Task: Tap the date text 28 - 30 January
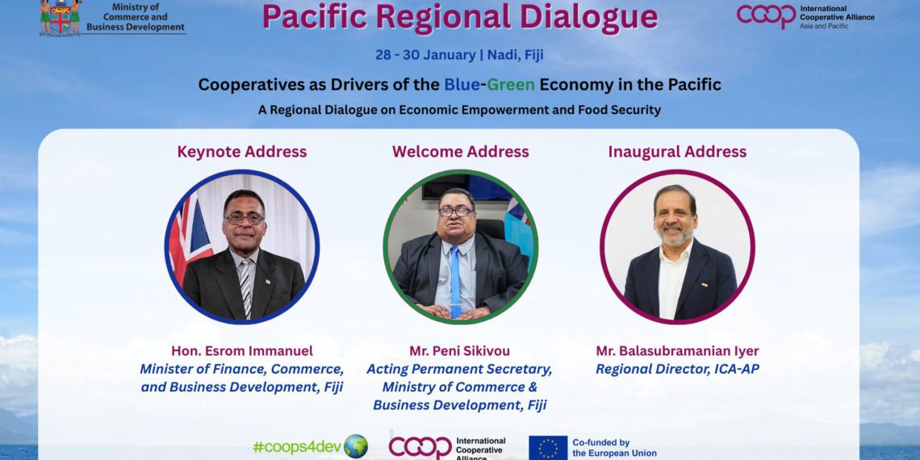[425, 55]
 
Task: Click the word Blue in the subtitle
[462, 85]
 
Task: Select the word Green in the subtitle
[511, 85]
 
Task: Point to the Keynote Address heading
[242, 152]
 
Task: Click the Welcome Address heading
[461, 152]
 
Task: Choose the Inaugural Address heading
[677, 152]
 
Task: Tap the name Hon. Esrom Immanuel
[242, 351]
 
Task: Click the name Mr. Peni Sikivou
[460, 351]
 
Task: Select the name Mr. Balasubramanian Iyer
[677, 351]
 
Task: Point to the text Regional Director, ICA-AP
[677, 369]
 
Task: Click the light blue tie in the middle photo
[455, 282]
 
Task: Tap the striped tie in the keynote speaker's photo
[245, 288]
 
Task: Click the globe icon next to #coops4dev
[356, 446]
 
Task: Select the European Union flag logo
[548, 448]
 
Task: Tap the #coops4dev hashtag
[297, 447]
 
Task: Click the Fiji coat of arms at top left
[61, 18]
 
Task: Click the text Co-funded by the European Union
[614, 448]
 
